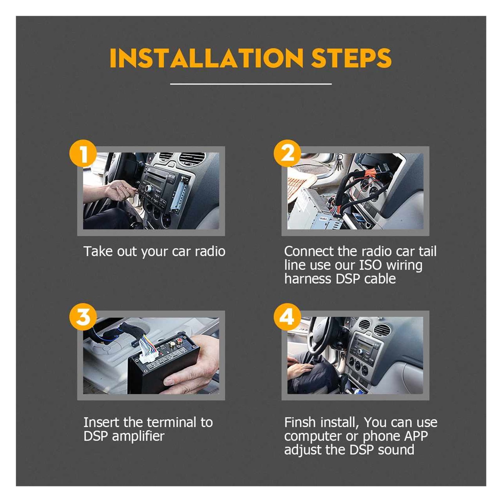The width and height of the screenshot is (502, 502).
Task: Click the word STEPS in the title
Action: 351,58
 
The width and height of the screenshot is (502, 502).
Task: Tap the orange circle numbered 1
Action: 83,154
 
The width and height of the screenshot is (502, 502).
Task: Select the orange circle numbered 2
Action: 288,154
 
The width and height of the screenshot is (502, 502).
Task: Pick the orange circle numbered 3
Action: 83,317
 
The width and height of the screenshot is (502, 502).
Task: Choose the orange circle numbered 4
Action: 288,317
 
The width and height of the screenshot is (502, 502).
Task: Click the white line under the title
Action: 251,84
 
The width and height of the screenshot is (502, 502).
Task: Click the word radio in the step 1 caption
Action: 210,251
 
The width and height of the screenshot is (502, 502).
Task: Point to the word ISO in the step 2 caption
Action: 370,265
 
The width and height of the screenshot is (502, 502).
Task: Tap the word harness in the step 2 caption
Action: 308,279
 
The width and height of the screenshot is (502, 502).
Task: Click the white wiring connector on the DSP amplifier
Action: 148,349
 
